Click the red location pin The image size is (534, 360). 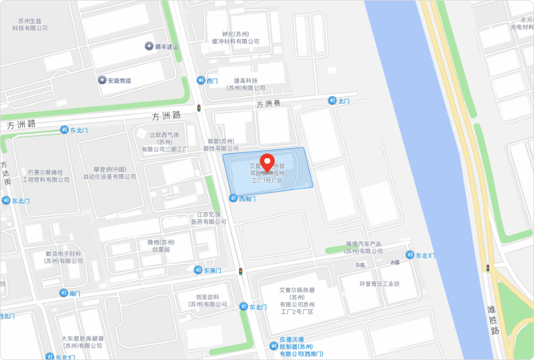[x=268, y=162]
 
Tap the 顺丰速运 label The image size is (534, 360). [x=166, y=47]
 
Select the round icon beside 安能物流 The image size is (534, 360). [x=101, y=80]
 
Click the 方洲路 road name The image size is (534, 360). [x=155, y=116]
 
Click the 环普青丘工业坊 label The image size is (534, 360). [x=379, y=284]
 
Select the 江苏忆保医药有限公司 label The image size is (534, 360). [x=209, y=218]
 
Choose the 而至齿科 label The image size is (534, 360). [x=207, y=300]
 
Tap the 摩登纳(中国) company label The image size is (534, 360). [x=109, y=172]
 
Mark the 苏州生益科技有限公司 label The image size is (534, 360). [x=30, y=24]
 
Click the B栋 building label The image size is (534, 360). [x=361, y=265]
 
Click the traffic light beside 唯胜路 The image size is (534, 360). [x=488, y=268]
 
